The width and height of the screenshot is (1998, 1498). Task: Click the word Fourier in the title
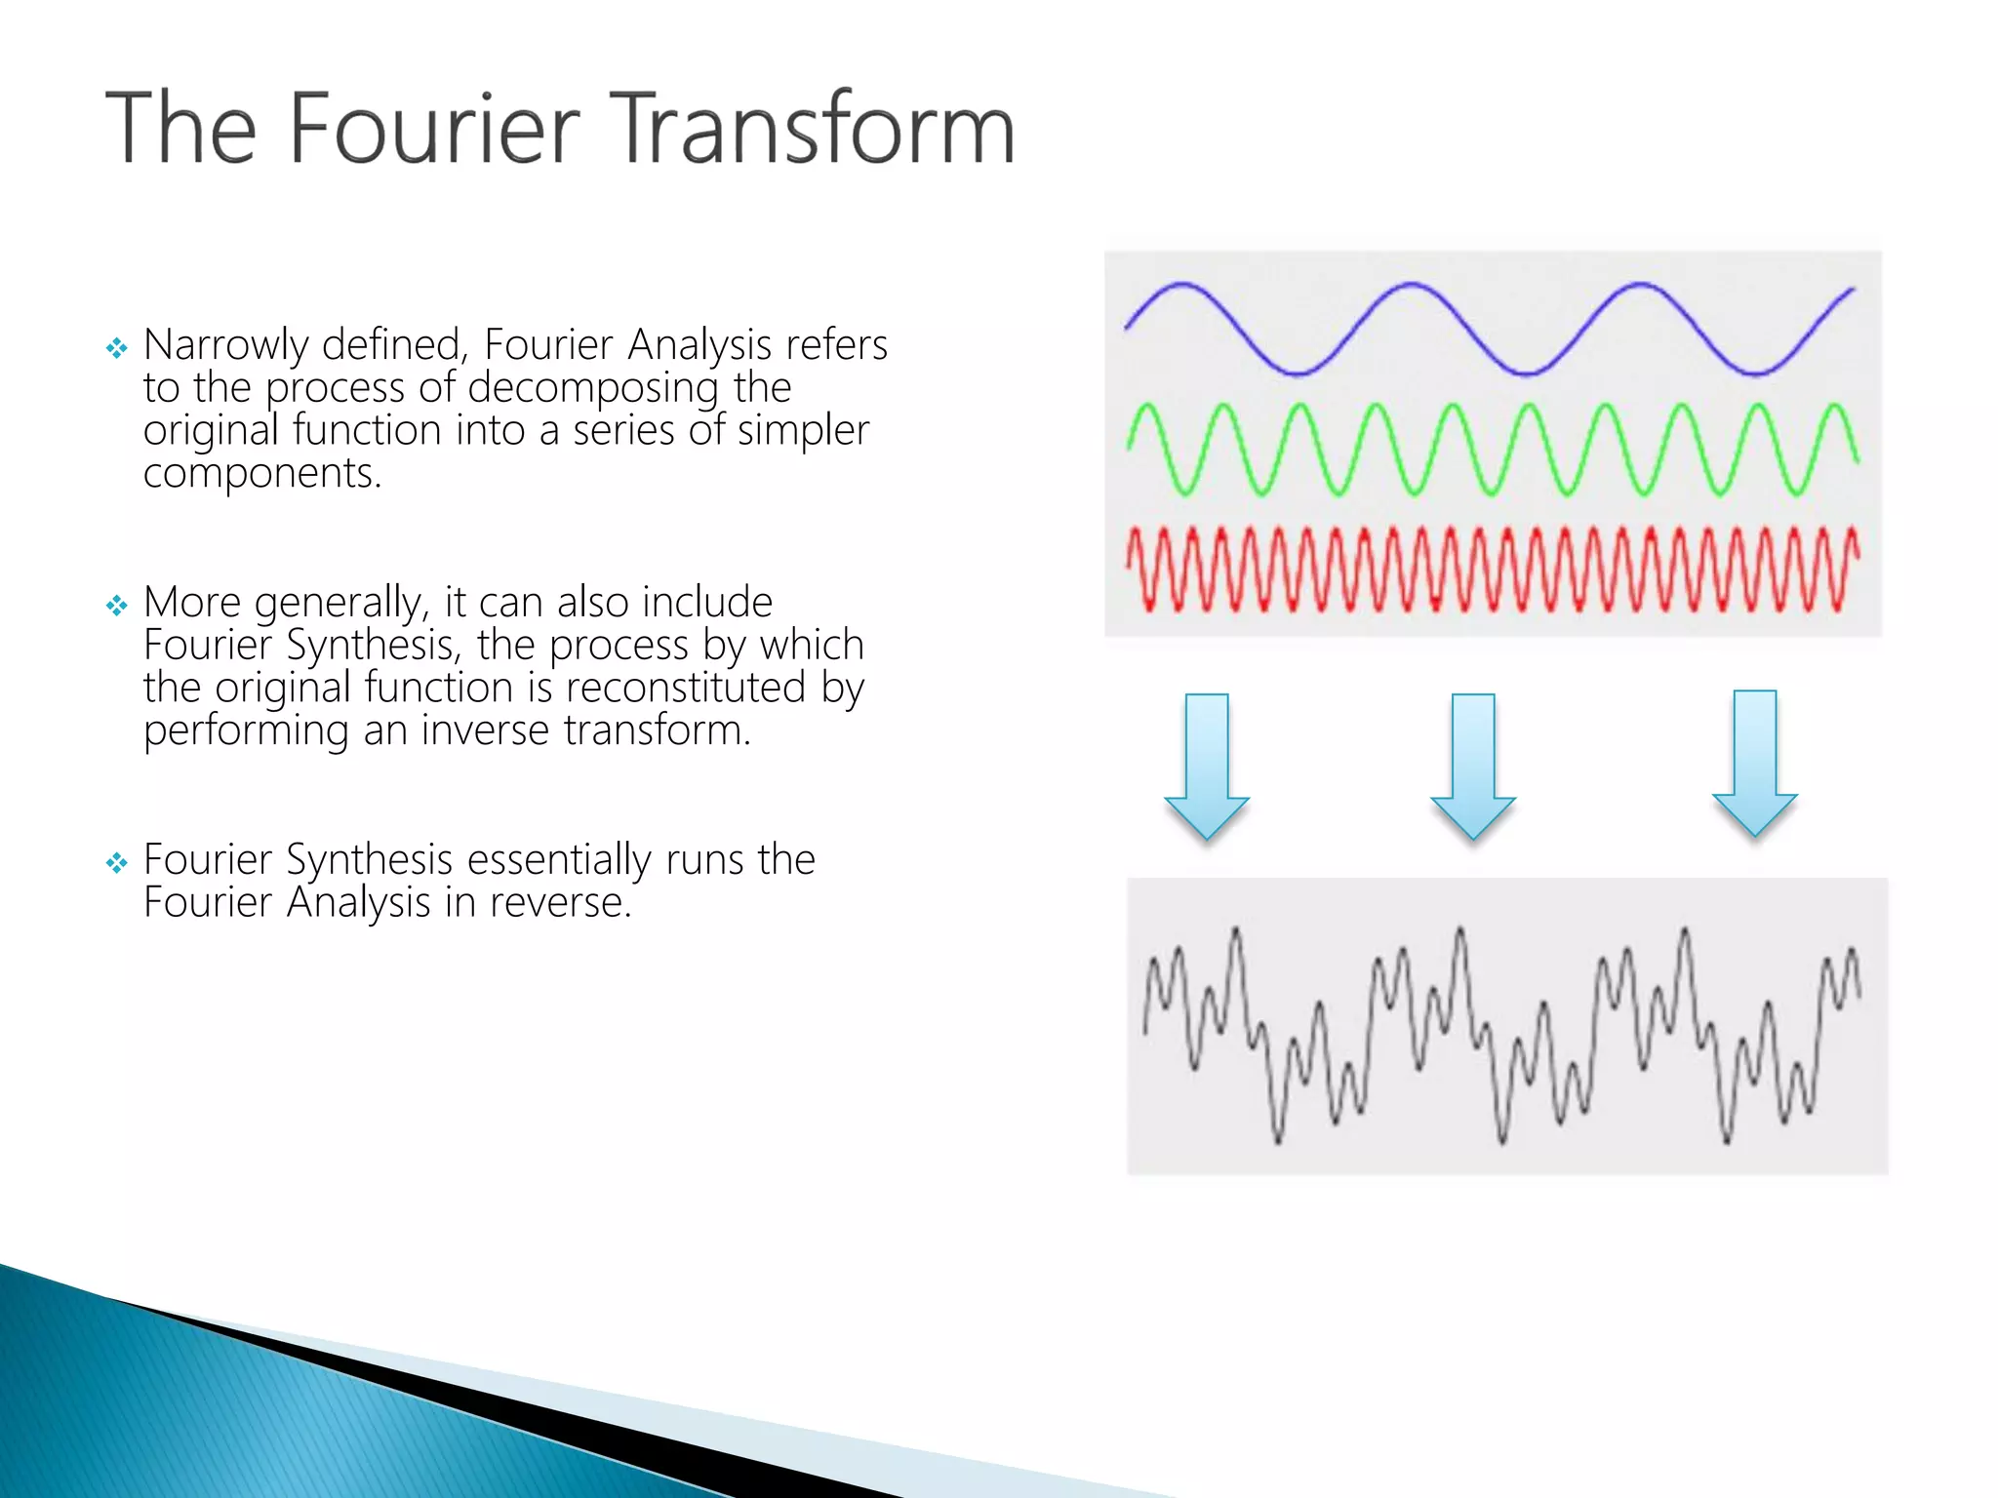[x=433, y=129]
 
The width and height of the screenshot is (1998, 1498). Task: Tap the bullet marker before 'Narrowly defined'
[x=117, y=348]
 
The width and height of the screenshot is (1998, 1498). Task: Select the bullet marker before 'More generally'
[x=117, y=606]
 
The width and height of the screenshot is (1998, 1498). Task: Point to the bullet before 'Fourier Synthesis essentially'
[x=117, y=862]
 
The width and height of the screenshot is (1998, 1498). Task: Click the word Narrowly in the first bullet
[x=225, y=346]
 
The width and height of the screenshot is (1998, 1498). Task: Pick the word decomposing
[x=593, y=389]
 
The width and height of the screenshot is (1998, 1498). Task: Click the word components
[x=260, y=475]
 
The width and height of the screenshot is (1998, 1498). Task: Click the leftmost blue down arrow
[x=1207, y=765]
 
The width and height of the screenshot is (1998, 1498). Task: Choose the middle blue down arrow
[x=1473, y=765]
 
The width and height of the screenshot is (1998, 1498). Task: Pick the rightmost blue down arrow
[x=1755, y=762]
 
